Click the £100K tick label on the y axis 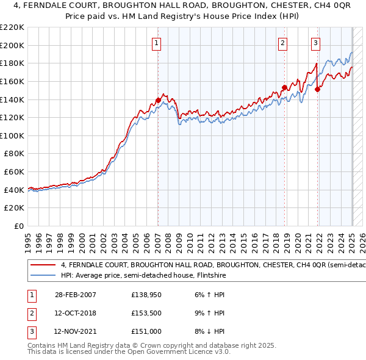12,135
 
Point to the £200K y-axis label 12,45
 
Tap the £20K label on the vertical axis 15,208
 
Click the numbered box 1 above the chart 157,43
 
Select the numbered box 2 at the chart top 283,43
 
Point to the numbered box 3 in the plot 315,43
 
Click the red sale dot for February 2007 158,100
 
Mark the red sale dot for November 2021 318,89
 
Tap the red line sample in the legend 43,265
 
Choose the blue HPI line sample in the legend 43,275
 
